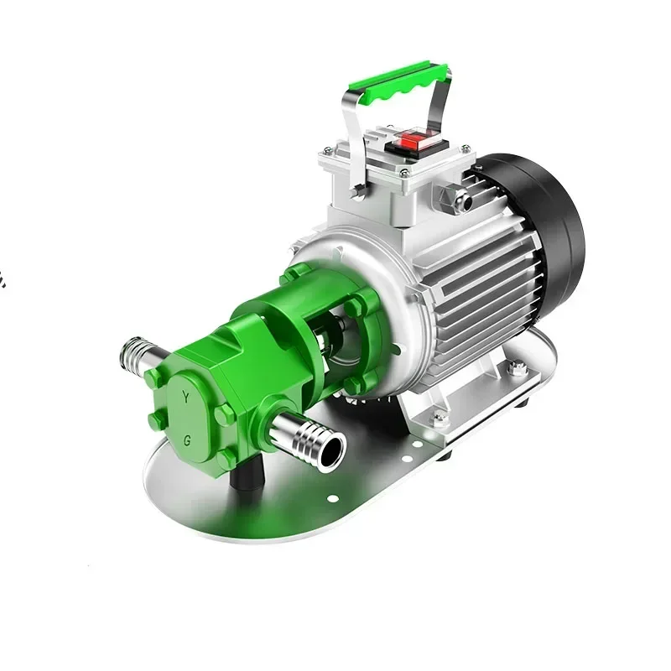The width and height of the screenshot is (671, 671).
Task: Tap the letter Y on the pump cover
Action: pyautogui.click(x=185, y=397)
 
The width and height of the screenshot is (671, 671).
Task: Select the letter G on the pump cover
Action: pyautogui.click(x=187, y=441)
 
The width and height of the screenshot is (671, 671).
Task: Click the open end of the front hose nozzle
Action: pyautogui.click(x=332, y=453)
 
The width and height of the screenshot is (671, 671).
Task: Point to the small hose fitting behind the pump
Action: pyautogui.click(x=139, y=354)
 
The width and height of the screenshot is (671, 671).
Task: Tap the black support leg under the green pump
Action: pyautogui.click(x=245, y=476)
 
